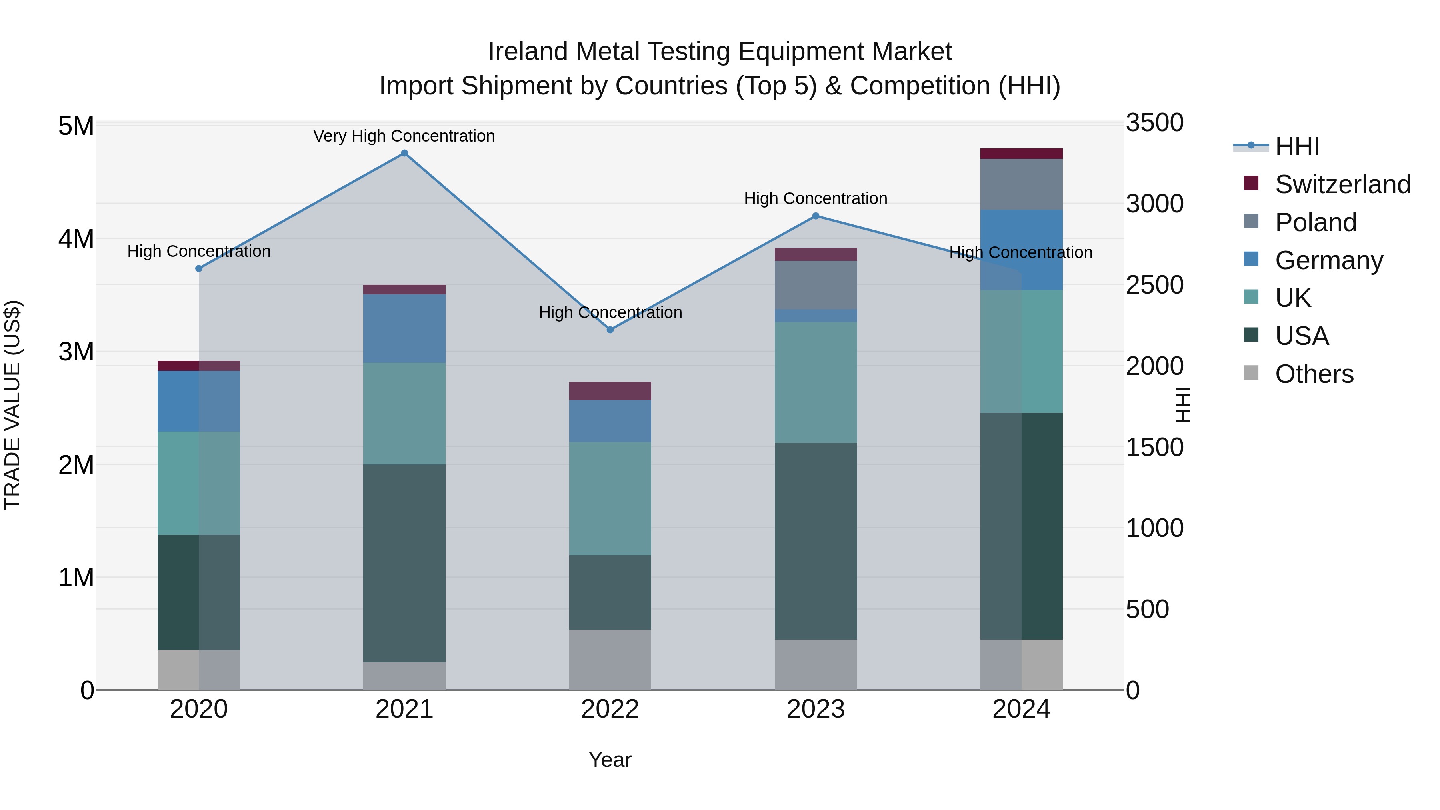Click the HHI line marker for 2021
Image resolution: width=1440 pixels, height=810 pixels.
(x=404, y=153)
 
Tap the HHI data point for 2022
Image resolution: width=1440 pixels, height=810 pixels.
(x=610, y=330)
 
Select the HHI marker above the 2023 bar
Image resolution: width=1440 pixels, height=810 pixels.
(x=816, y=216)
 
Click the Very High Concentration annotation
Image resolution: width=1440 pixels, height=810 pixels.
(x=404, y=136)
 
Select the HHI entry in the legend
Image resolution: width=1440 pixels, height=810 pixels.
(x=1297, y=146)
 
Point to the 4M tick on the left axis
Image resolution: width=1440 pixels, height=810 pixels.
(x=76, y=239)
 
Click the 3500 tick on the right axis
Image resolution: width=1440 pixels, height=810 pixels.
(x=1154, y=122)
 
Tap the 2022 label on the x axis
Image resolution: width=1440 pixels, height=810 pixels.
(x=610, y=709)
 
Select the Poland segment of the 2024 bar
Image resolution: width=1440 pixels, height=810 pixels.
(x=1021, y=184)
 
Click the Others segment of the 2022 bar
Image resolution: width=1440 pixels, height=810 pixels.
(x=610, y=660)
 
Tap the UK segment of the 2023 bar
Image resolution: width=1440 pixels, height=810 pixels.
(x=816, y=382)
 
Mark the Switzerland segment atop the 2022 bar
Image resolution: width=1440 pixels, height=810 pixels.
(x=610, y=391)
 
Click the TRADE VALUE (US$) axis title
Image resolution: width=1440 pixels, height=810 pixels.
(x=12, y=405)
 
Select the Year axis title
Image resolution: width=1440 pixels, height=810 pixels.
(x=610, y=760)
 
